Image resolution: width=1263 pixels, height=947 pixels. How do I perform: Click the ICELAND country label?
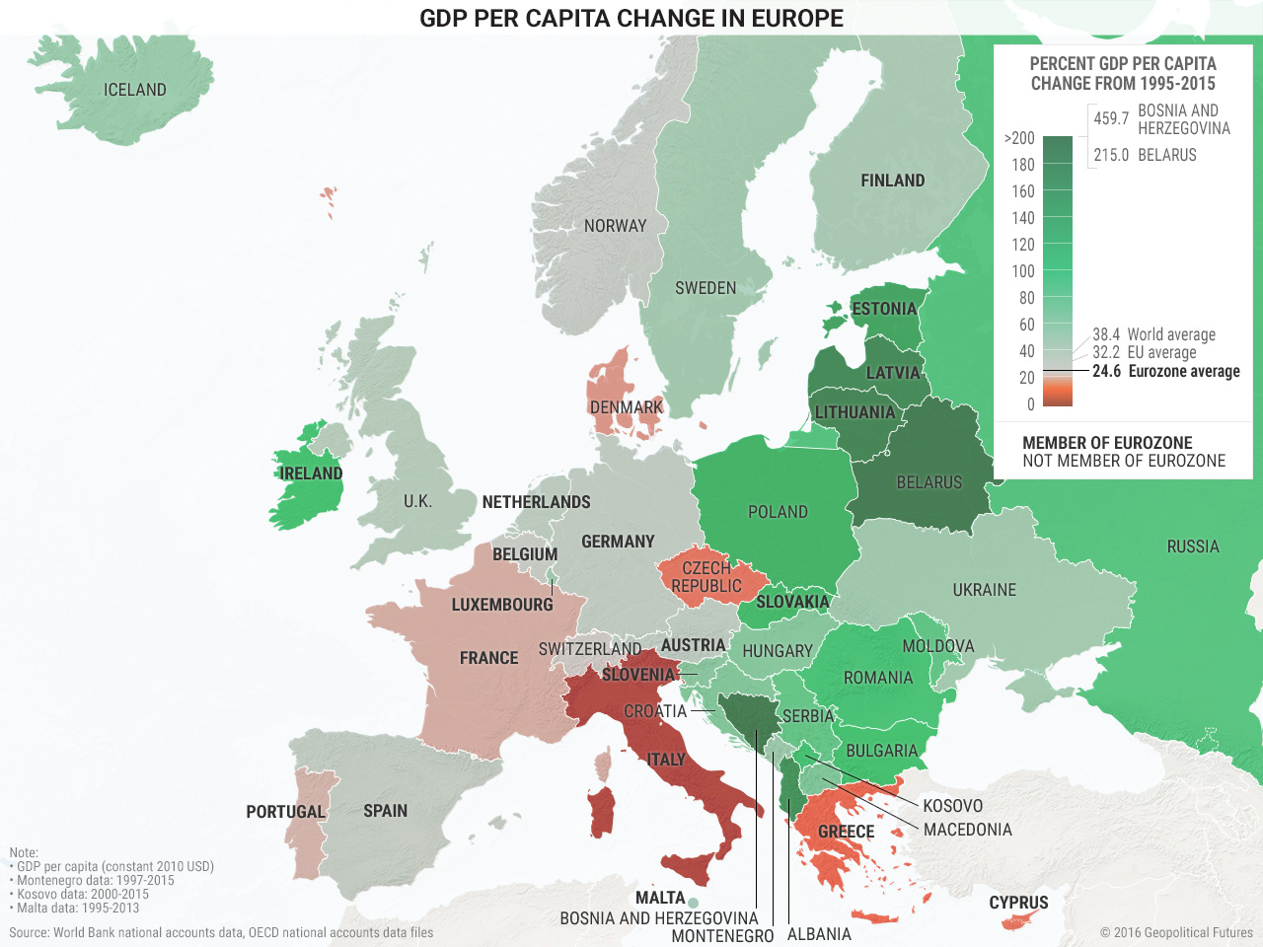click(x=135, y=90)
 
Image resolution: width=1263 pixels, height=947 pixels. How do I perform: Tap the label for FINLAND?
click(x=892, y=181)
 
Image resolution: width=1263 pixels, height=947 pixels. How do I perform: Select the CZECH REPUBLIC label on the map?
click(x=706, y=577)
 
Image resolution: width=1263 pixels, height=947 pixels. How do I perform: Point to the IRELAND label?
click(x=311, y=473)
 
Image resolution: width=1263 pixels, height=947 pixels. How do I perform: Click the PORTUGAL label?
click(x=285, y=812)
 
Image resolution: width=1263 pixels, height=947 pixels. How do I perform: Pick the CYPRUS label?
click(x=1018, y=903)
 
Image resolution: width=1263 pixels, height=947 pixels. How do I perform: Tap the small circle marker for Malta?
click(x=694, y=903)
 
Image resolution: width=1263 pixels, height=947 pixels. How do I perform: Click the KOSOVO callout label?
click(x=952, y=806)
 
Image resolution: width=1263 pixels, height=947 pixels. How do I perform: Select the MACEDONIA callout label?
click(x=967, y=830)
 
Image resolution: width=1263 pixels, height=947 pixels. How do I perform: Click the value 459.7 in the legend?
click(x=1111, y=118)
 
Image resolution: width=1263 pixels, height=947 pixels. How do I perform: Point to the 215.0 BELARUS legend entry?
click(x=1145, y=155)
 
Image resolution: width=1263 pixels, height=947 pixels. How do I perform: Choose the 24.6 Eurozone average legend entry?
click(x=1165, y=371)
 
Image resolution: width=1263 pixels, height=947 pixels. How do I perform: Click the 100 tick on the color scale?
click(x=1023, y=271)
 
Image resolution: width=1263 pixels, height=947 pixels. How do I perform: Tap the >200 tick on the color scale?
click(x=1019, y=138)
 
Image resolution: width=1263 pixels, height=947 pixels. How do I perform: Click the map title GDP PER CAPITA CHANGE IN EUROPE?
click(x=631, y=18)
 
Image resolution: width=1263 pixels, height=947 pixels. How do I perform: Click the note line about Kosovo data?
click(x=83, y=894)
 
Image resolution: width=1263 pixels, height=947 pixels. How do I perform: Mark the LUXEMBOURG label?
click(x=502, y=605)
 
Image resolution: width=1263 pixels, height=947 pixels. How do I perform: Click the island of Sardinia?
click(x=601, y=812)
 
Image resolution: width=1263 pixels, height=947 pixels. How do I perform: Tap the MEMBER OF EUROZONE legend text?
click(x=1107, y=443)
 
